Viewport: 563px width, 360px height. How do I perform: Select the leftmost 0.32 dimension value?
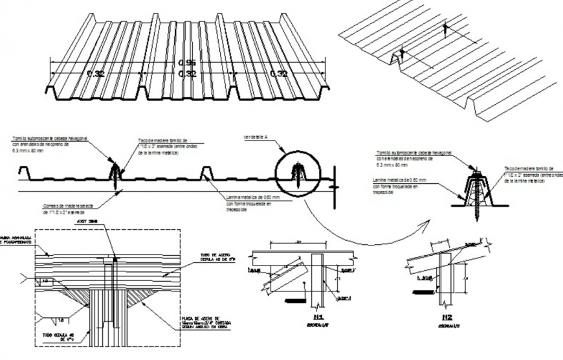[96, 74]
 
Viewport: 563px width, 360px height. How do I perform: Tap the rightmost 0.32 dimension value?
[279, 74]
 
